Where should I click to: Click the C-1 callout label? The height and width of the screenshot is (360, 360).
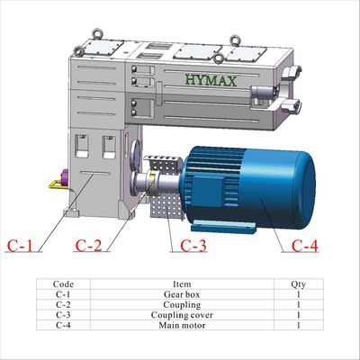click(20, 244)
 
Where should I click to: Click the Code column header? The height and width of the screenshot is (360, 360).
click(63, 283)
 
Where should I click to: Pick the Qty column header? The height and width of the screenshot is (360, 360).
click(298, 283)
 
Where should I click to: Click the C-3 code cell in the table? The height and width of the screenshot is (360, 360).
click(63, 315)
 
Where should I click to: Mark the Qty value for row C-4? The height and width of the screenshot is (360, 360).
click(298, 325)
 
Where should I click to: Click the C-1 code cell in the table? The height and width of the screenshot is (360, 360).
click(63, 294)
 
